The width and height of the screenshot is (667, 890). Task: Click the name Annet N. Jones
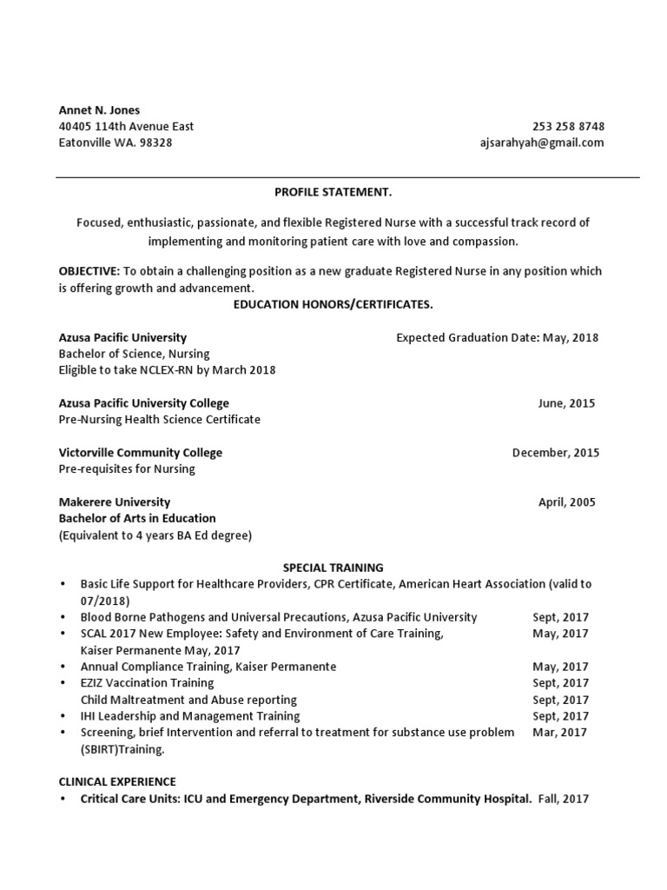pyautogui.click(x=99, y=110)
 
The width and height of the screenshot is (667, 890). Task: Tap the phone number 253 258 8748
pyautogui.click(x=568, y=127)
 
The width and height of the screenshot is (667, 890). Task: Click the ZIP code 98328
pyautogui.click(x=156, y=143)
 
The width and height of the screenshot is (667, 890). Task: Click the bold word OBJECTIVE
pyautogui.click(x=89, y=271)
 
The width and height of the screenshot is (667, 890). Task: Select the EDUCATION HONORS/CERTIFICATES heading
pyautogui.click(x=333, y=305)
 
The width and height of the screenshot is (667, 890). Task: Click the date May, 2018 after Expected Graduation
pyautogui.click(x=571, y=337)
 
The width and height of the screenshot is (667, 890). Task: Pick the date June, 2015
pyautogui.click(x=566, y=403)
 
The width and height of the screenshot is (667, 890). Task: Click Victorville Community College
pyautogui.click(x=140, y=453)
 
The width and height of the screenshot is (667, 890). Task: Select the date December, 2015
pyautogui.click(x=555, y=453)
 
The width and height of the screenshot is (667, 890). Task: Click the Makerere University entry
pyautogui.click(x=114, y=502)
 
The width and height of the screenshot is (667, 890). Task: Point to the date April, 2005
pyautogui.click(x=567, y=502)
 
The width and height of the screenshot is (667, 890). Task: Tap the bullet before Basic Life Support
pyautogui.click(x=63, y=585)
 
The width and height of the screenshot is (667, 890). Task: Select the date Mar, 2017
pyautogui.click(x=560, y=733)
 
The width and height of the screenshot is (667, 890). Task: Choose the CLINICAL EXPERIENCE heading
pyautogui.click(x=117, y=782)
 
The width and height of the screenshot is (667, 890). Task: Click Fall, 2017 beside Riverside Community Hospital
pyautogui.click(x=563, y=799)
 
